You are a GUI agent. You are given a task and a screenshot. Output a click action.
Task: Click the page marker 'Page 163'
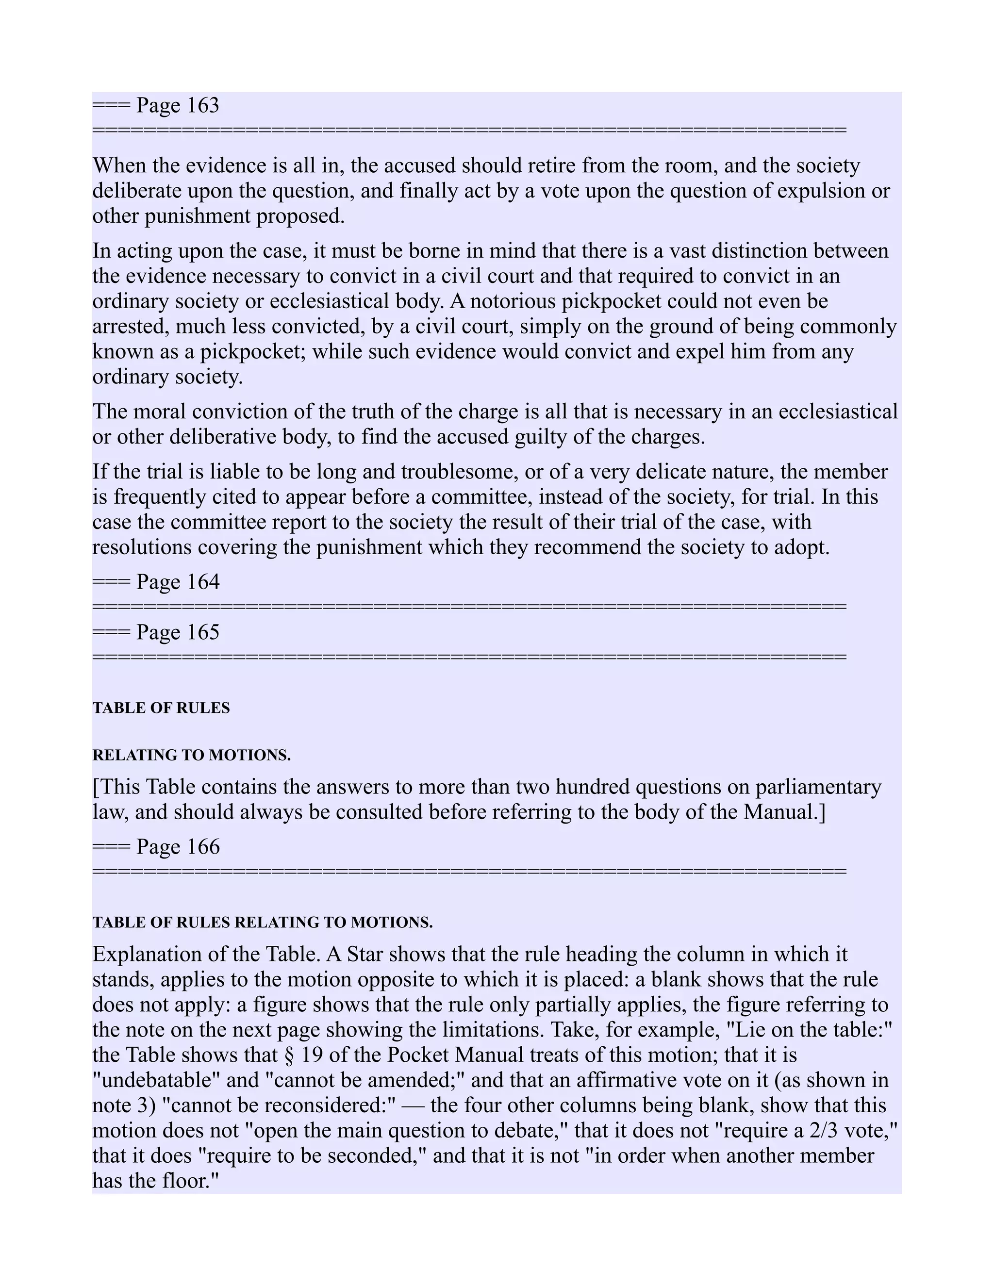tap(177, 105)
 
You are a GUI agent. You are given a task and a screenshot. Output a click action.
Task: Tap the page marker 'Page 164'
tap(177, 582)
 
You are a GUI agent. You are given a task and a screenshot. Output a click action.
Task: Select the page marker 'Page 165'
tap(177, 632)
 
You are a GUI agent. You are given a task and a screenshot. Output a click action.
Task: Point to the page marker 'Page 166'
tap(177, 847)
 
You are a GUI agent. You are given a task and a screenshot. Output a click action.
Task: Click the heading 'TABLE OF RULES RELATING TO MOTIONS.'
tap(262, 923)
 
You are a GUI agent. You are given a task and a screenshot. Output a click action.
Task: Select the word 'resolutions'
tap(141, 547)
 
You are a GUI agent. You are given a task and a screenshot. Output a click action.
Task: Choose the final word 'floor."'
tap(190, 1181)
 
